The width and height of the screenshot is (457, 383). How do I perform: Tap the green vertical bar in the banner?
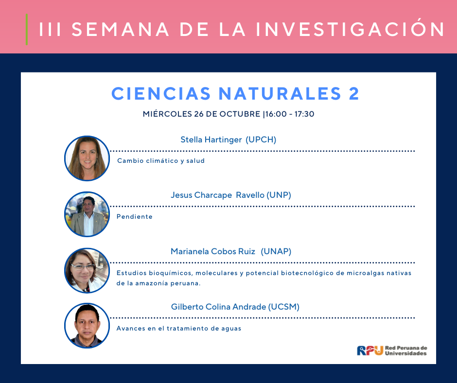tap(27, 30)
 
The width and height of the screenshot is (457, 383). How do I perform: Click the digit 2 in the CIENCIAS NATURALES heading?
tap(354, 94)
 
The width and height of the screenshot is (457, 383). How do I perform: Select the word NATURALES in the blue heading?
tap(280, 94)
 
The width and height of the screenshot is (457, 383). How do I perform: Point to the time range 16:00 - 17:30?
tap(290, 114)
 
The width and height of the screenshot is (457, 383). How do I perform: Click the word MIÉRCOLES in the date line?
tap(167, 114)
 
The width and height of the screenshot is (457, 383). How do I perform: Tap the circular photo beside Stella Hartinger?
tap(87, 158)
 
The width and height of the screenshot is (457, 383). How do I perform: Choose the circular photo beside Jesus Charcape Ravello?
tap(87, 214)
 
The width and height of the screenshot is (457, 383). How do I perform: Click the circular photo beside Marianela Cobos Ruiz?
tap(87, 271)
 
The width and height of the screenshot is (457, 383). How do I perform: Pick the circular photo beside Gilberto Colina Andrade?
tap(87, 326)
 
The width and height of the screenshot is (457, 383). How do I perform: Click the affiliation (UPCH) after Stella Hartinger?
tap(261, 139)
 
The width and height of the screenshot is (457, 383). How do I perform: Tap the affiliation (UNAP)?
tap(276, 251)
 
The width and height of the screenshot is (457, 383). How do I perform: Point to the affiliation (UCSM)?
tap(283, 307)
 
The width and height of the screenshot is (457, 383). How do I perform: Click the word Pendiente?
tap(134, 217)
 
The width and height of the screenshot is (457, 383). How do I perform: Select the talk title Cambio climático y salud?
tap(161, 161)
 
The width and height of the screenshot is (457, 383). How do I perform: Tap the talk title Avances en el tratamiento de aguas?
tap(179, 329)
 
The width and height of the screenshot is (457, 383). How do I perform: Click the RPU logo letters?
tap(370, 350)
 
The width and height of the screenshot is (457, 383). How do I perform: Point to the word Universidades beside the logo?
tap(405, 353)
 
